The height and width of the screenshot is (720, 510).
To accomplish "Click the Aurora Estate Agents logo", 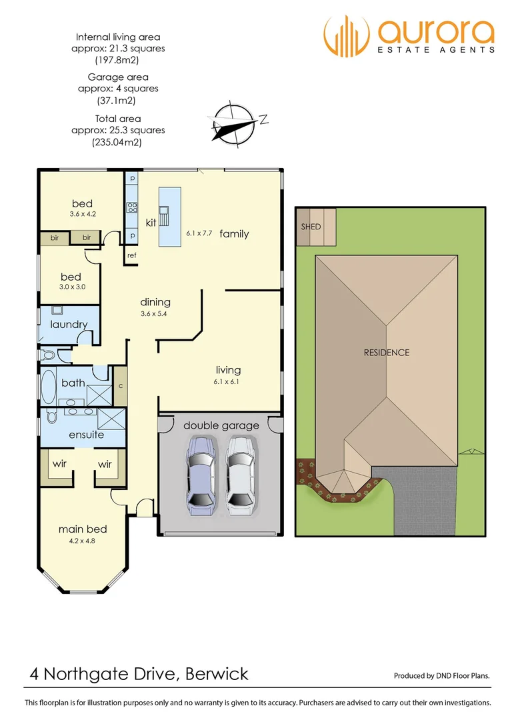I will (409, 37).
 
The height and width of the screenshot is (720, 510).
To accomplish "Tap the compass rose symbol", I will (233, 123).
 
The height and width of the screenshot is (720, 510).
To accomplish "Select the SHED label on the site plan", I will (311, 227).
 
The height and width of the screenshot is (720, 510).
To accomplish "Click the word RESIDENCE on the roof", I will (386, 352).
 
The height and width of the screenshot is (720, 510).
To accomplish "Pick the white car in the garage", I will (240, 474).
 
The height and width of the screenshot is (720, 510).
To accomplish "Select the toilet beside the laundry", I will (48, 355).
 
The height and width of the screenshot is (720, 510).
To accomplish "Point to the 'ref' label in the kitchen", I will (132, 255).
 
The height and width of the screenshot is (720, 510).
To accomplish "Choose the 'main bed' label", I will (83, 529).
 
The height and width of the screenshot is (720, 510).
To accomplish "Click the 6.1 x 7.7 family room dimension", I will (199, 234).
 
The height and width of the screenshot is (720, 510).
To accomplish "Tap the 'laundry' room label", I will (69, 325).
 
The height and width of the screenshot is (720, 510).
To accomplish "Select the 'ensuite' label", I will (87, 435).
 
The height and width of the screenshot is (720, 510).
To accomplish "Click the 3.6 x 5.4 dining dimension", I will (155, 313).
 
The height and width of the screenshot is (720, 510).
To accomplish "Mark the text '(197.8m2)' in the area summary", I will (118, 60).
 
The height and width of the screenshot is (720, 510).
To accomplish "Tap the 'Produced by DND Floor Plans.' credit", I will (441, 676).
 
